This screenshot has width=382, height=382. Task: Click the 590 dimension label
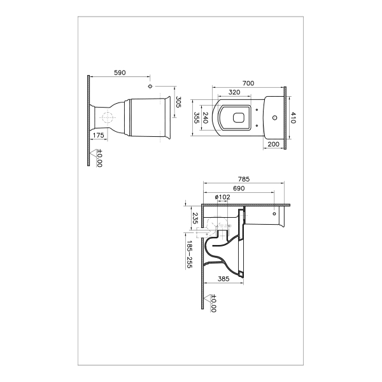(120, 73)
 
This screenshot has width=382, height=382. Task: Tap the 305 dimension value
(178, 102)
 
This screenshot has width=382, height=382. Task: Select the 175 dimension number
(99, 135)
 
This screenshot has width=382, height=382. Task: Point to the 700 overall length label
(248, 83)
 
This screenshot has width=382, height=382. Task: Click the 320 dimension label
(234, 92)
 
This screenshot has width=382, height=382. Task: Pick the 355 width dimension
(196, 118)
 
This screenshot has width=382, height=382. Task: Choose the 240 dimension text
(206, 118)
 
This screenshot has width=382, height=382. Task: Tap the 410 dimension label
(293, 118)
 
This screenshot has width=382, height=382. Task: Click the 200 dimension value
(273, 145)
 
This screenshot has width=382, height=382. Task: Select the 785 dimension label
(244, 180)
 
